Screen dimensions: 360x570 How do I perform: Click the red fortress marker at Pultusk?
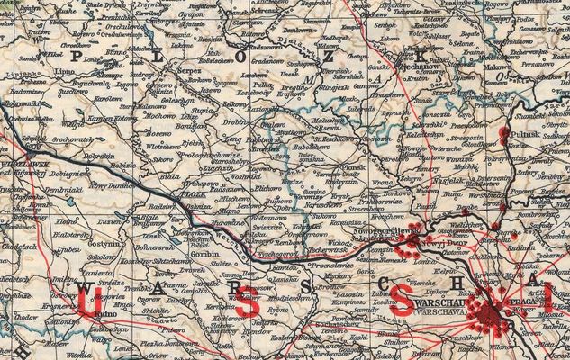click(x=502, y=135)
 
